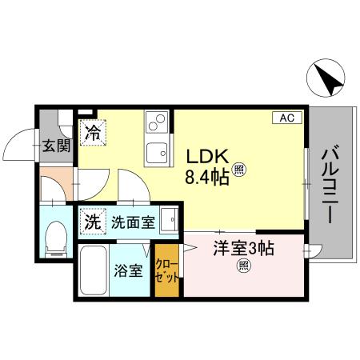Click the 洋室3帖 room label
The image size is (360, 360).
coord(242,249)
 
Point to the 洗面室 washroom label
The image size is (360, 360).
coord(133,222)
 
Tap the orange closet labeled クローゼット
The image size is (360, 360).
coord(167,272)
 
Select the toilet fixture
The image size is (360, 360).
coord(57,238)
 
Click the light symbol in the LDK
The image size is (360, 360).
coord(240,169)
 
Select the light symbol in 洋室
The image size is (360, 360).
coord(242,268)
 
